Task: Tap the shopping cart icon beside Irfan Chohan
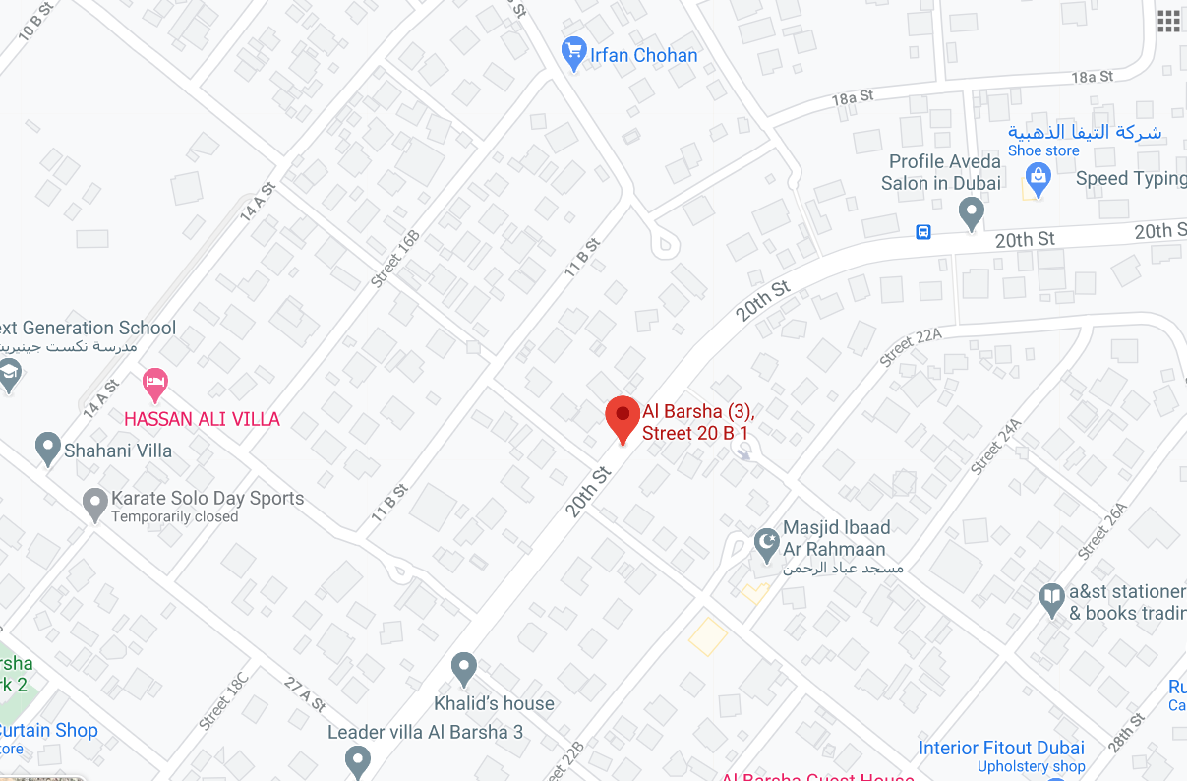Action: pyautogui.click(x=573, y=53)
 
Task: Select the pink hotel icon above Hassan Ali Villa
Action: pyautogui.click(x=155, y=383)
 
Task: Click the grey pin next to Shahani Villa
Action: pyautogui.click(x=47, y=449)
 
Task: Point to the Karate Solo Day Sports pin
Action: pyautogui.click(x=94, y=504)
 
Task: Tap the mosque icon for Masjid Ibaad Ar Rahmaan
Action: pyautogui.click(x=766, y=540)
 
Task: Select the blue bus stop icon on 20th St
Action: pyautogui.click(x=923, y=232)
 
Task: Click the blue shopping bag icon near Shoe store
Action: pyautogui.click(x=1037, y=178)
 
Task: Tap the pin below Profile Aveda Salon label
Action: pyautogui.click(x=972, y=211)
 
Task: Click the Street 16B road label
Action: pyautogui.click(x=395, y=258)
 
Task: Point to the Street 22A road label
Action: pyautogui.click(x=911, y=348)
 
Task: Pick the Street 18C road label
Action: pyautogui.click(x=223, y=699)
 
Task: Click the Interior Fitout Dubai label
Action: pyautogui.click(x=1001, y=748)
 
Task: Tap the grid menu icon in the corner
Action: pyautogui.click(x=1168, y=22)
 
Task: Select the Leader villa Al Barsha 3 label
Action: pyautogui.click(x=425, y=732)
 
